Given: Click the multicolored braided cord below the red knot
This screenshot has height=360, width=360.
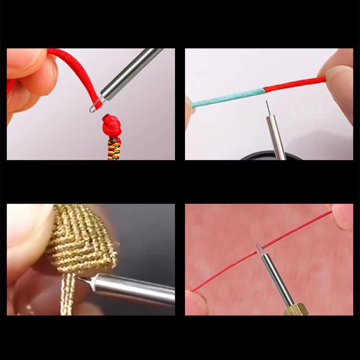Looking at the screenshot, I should (114, 148).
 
